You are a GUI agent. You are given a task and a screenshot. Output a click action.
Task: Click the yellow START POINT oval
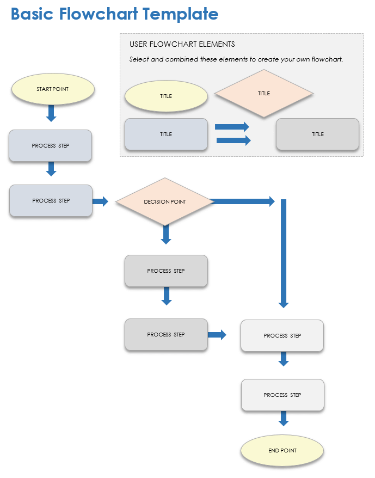coord(53,89)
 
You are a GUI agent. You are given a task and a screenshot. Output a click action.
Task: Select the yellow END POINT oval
coord(282,451)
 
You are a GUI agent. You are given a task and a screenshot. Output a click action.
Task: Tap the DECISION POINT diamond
coord(165,201)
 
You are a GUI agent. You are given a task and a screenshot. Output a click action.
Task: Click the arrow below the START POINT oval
coord(51,113)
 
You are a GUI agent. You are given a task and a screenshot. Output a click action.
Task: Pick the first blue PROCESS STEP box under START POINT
coord(50,145)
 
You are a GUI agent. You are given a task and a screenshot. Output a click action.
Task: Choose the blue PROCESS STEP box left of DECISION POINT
coord(51,200)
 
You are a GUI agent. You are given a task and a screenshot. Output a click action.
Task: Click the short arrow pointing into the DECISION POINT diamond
coord(100,201)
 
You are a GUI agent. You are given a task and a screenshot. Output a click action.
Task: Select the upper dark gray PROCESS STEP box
coord(166,271)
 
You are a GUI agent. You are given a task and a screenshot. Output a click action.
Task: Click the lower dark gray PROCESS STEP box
coord(166,334)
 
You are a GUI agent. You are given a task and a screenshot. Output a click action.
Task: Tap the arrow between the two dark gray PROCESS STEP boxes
coord(167,296)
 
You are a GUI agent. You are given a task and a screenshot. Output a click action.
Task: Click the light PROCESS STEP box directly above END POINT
coord(282,395)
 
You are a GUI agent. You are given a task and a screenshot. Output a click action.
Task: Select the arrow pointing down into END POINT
coord(283,418)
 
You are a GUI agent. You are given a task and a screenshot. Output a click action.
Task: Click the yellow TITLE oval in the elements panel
coord(166,96)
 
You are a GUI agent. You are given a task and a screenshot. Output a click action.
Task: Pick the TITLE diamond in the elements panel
coord(264,94)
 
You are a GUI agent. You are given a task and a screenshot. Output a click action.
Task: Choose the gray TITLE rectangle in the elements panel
coord(317,134)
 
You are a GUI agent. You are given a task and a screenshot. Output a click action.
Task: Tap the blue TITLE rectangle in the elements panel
coord(166,134)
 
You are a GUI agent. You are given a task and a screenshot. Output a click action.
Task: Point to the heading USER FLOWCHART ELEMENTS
coord(182,44)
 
